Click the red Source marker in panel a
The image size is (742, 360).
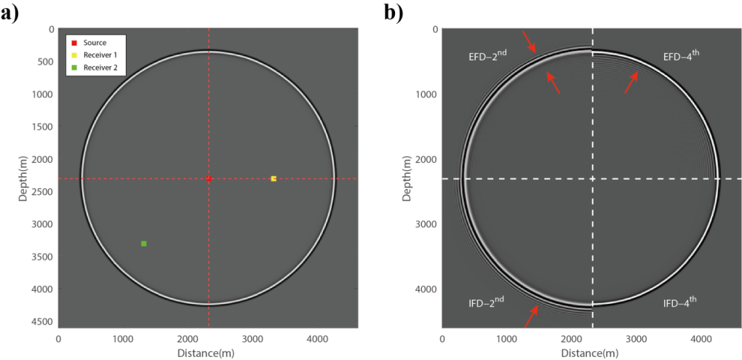(x=208, y=178)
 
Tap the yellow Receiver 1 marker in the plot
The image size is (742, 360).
(x=274, y=178)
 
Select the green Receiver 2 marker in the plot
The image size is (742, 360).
(x=144, y=243)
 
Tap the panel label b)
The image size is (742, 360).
(x=394, y=12)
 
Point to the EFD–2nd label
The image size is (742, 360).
(x=494, y=56)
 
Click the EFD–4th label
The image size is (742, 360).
(x=688, y=56)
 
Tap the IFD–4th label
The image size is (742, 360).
(x=687, y=300)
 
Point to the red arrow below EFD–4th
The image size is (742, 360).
(x=631, y=82)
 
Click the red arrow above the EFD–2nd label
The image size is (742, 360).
(x=528, y=41)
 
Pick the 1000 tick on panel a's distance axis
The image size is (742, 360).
(x=122, y=338)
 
